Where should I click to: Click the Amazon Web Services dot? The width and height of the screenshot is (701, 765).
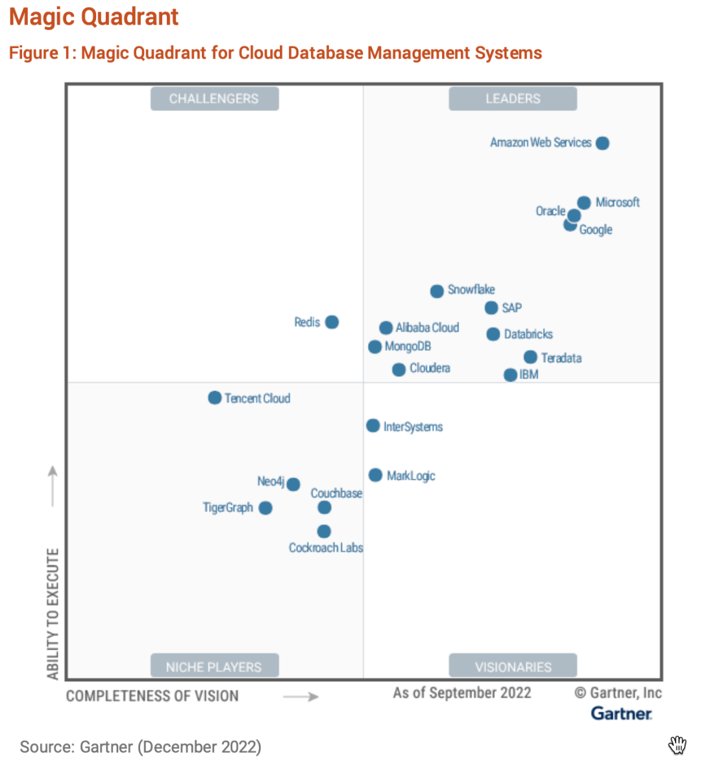(x=602, y=143)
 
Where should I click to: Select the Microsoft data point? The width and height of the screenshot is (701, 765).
(x=584, y=203)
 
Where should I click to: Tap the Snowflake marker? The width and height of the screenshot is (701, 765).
(x=437, y=291)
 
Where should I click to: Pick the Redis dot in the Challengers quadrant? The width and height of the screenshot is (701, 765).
(x=332, y=322)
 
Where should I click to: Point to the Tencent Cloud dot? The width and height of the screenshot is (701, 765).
(x=215, y=397)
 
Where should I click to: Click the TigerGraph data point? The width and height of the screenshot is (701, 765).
(x=265, y=508)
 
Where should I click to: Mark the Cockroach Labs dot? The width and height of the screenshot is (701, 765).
(x=324, y=532)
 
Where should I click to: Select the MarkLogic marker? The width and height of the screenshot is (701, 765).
(x=375, y=475)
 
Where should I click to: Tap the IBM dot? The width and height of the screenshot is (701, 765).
(x=510, y=375)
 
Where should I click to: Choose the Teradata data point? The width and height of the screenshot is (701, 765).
(x=530, y=357)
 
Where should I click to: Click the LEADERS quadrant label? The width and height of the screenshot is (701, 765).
(x=513, y=99)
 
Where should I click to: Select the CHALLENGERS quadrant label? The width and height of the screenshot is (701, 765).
(x=214, y=99)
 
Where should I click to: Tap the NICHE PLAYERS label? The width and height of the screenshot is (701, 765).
(x=214, y=667)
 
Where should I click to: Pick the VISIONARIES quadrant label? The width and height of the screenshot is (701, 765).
(x=513, y=667)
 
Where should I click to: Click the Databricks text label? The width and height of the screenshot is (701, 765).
(x=528, y=334)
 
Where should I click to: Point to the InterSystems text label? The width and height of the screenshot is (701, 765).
(x=413, y=427)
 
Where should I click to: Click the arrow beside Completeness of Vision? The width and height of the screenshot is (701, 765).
(x=301, y=697)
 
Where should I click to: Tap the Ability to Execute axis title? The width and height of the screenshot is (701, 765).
(x=53, y=614)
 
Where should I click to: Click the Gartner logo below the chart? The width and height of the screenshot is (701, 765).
(x=621, y=713)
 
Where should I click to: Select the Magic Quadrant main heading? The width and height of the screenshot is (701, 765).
(x=94, y=17)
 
